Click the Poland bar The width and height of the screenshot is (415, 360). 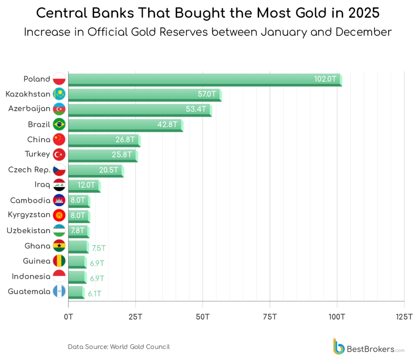coord(205,79)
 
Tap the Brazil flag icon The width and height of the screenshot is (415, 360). coord(59,124)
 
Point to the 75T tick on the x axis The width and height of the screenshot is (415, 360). coord(270,316)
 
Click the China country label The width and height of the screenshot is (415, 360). coord(39,139)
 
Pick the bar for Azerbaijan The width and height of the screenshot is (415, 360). coord(140,109)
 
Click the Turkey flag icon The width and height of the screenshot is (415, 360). coord(59,154)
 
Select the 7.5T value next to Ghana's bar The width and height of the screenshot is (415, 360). coord(98,248)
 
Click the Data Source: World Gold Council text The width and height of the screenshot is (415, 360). coord(119,347)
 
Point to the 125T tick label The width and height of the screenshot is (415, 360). coord(404,316)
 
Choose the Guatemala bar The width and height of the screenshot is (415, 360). coord(76,292)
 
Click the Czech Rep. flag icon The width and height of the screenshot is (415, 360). coord(59,170)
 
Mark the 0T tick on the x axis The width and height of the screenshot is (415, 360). coord(68,316)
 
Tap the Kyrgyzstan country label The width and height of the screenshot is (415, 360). coord(28,215)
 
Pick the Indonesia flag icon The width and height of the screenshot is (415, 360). coord(59,277)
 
